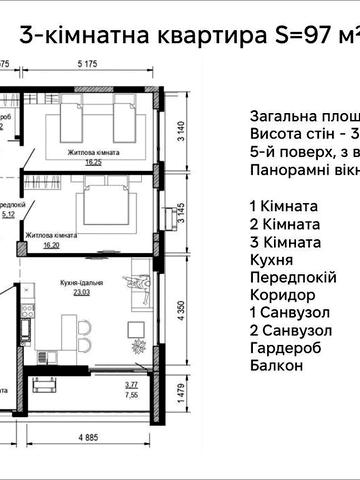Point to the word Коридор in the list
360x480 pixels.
281,295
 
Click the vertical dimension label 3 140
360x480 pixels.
181,132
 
